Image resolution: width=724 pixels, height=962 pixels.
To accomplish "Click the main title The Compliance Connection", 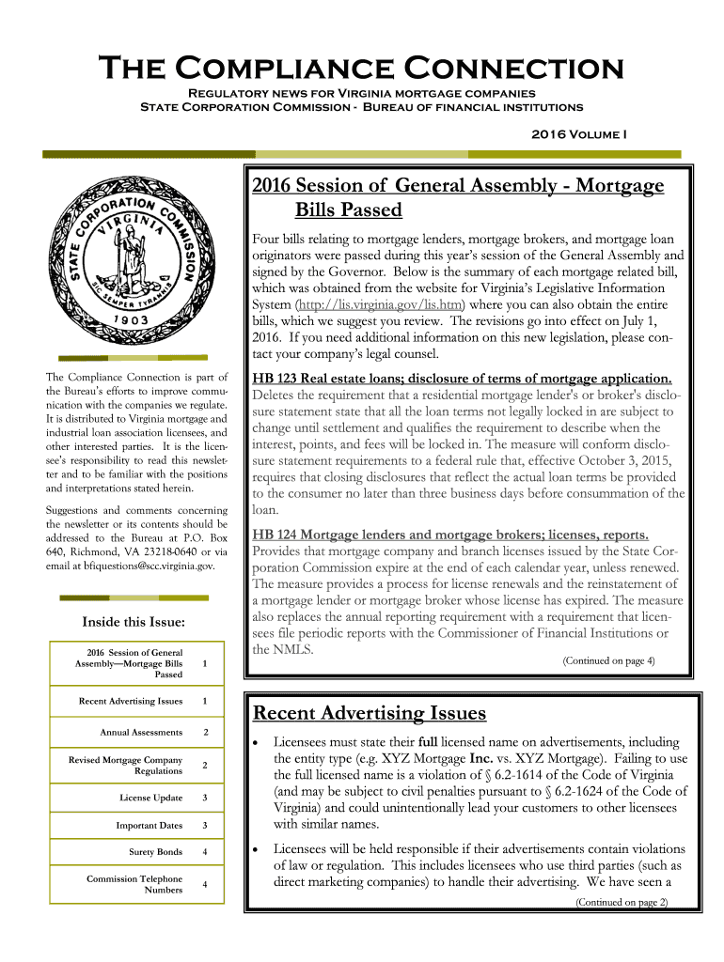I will (x=361, y=69).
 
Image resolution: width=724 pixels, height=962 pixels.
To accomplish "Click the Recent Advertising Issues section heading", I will (x=369, y=713).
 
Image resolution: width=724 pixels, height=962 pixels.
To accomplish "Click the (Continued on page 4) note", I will (x=608, y=660).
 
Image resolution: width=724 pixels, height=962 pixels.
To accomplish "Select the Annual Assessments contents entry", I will (x=141, y=732).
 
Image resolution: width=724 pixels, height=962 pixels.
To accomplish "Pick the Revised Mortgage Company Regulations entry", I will (x=126, y=765).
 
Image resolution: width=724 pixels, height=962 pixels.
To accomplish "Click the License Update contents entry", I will (x=150, y=798).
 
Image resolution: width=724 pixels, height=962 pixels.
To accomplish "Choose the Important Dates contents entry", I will (x=149, y=825).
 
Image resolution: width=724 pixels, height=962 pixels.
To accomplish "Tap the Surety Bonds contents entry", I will (x=155, y=852).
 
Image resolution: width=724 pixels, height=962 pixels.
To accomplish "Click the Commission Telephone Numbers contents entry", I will (x=134, y=884).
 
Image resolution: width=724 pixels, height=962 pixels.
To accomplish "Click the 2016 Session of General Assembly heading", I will (x=459, y=196).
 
